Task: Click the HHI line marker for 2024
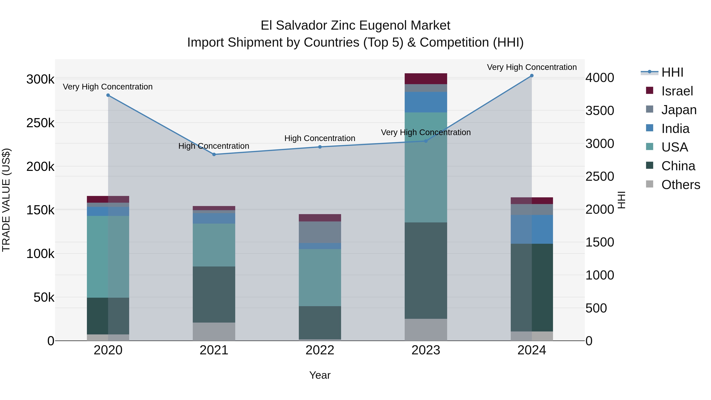coord(532,76)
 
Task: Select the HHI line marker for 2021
coord(214,155)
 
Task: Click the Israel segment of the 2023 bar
coord(426,79)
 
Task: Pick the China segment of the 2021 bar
coord(214,294)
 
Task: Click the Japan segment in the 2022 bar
coord(320,232)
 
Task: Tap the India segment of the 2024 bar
coord(532,229)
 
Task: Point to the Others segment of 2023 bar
coord(426,330)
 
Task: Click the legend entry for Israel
coord(677,91)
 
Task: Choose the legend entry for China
coord(678,166)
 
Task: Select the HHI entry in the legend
coord(672,72)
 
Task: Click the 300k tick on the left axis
coord(40,79)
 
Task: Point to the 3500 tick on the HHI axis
coord(599,111)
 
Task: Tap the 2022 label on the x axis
coord(320,350)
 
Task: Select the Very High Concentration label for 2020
coord(108,87)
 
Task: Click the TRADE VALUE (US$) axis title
coord(6,200)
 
